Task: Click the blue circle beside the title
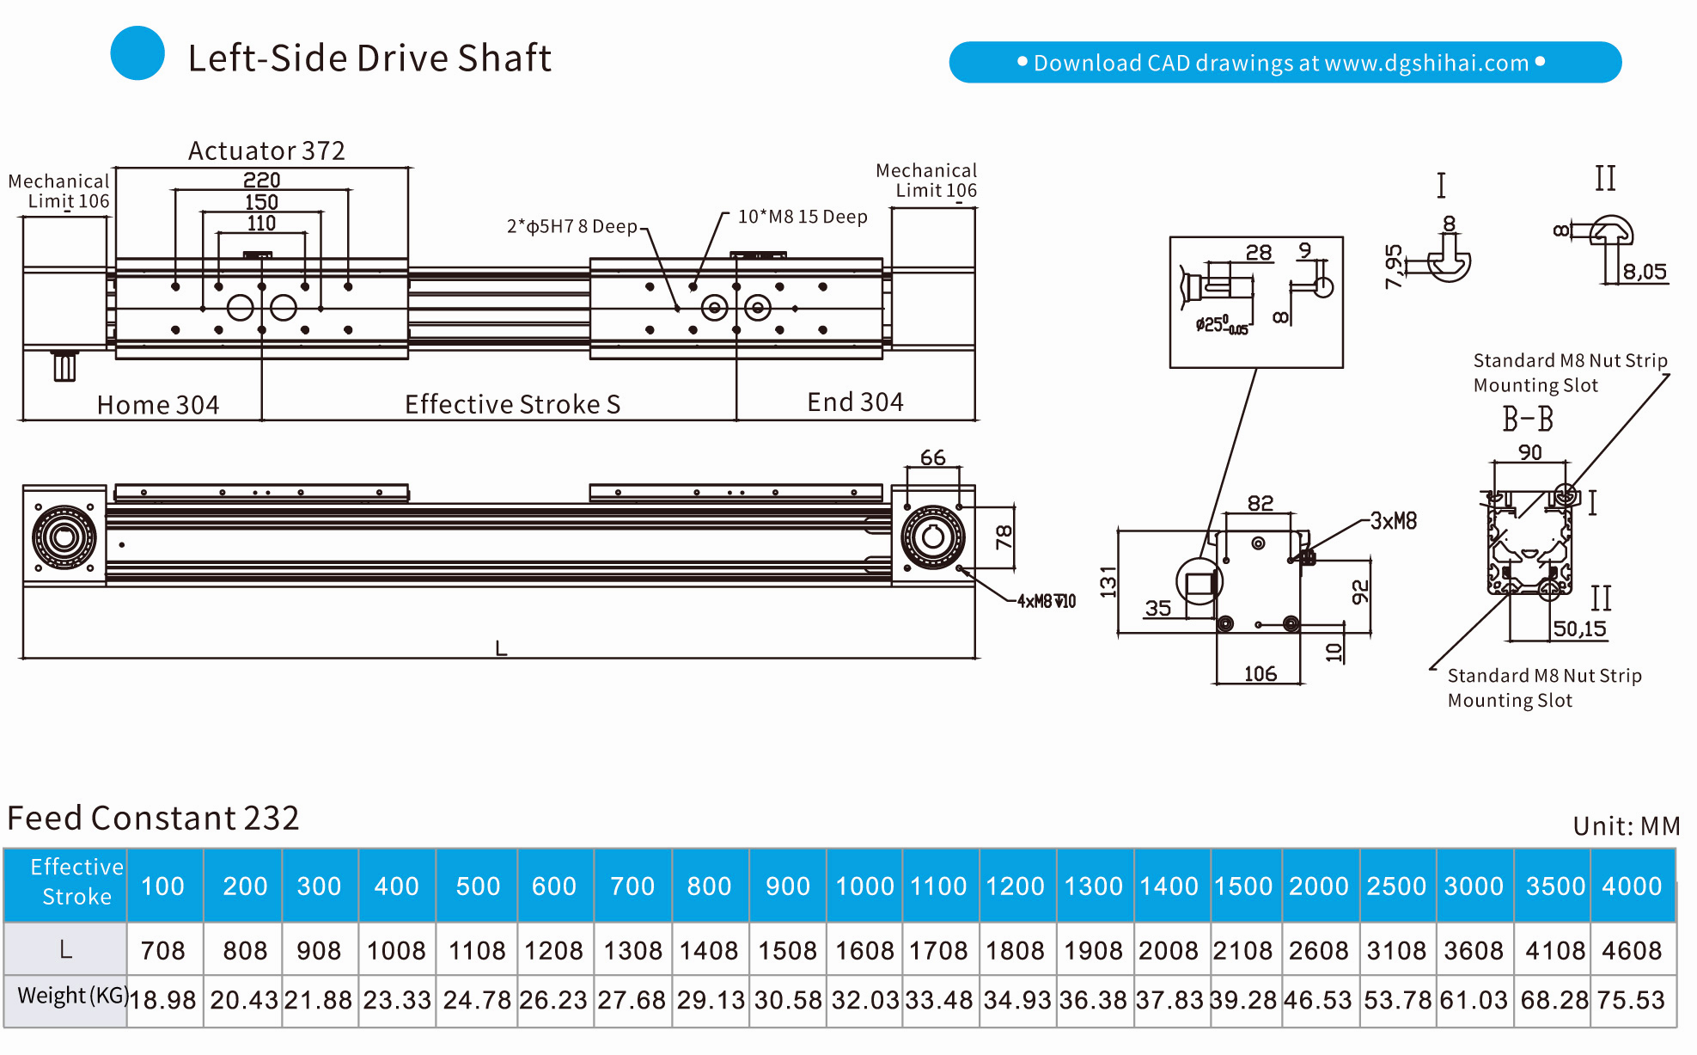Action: [x=137, y=53]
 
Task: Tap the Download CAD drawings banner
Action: [x=1285, y=63]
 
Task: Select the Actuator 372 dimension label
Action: [x=266, y=151]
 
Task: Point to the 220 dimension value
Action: [x=261, y=180]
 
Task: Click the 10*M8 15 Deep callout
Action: [x=803, y=217]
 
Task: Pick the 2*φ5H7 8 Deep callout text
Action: [x=571, y=226]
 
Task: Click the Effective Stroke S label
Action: [x=512, y=404]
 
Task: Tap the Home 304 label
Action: [x=158, y=405]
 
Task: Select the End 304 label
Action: [x=855, y=402]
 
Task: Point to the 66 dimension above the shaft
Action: [x=932, y=457]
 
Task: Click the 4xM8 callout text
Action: [x=1046, y=601]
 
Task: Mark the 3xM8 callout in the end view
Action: [x=1393, y=521]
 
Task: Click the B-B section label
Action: [x=1528, y=420]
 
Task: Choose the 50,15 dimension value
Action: [x=1579, y=629]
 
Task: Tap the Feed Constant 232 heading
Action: [x=153, y=818]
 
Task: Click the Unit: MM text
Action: [x=1626, y=826]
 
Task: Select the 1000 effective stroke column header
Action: [x=864, y=886]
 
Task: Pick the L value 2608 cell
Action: [x=1319, y=950]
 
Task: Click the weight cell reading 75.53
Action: [x=1631, y=1000]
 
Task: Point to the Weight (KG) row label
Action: [x=72, y=996]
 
